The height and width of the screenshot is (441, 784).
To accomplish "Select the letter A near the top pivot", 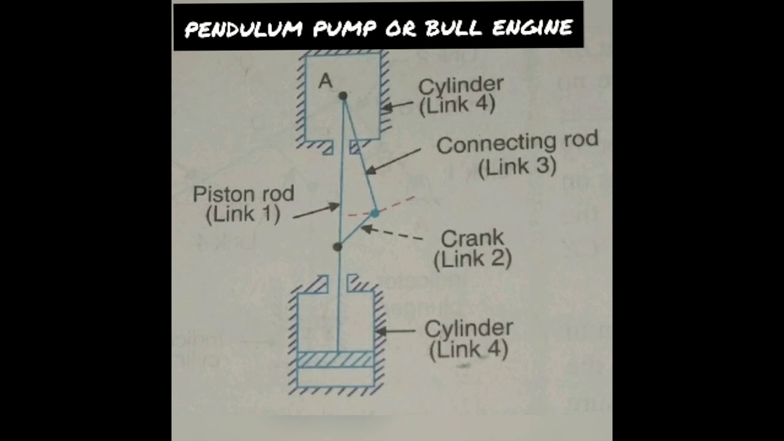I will (x=325, y=81).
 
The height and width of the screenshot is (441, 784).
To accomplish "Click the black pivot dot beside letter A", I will (x=343, y=96).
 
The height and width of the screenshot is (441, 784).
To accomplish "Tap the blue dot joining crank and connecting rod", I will (x=375, y=214).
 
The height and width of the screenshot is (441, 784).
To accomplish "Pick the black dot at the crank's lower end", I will (x=337, y=246).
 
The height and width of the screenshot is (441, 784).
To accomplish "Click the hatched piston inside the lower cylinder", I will (x=335, y=360).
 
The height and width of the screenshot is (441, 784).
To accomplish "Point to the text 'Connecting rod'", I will (x=517, y=143).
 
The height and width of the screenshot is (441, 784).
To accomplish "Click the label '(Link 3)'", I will (x=517, y=167).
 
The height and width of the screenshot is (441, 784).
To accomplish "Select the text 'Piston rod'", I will (x=243, y=195).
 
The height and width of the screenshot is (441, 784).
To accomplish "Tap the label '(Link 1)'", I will (x=243, y=215).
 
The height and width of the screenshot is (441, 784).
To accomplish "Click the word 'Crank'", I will (x=472, y=238).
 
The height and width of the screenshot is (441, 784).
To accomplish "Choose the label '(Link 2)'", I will (x=472, y=260).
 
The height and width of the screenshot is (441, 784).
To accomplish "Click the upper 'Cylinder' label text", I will (x=461, y=85).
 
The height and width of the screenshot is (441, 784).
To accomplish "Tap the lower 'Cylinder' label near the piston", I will (x=468, y=329).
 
